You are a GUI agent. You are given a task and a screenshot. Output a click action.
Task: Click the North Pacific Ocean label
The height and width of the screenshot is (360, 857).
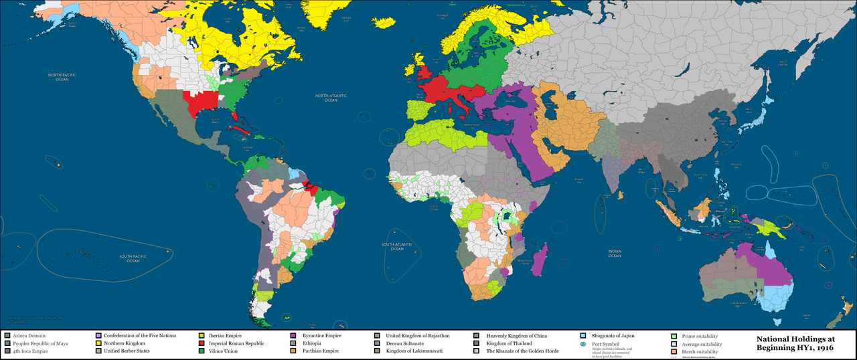click(x=62, y=77)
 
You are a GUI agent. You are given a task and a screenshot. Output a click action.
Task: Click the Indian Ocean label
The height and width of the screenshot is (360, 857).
click(x=615, y=254)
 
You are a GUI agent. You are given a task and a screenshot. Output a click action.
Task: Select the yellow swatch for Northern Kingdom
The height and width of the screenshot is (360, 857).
click(x=98, y=343)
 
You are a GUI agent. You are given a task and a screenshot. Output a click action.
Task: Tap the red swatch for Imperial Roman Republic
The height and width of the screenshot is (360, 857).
click(x=202, y=343)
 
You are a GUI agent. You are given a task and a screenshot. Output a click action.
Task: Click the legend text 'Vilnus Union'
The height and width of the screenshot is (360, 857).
click(x=226, y=351)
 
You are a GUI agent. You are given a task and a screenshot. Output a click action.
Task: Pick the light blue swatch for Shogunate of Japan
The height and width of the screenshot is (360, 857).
click(x=584, y=335)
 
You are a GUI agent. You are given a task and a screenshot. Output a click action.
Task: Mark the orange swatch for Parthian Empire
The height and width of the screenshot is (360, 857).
click(x=293, y=351)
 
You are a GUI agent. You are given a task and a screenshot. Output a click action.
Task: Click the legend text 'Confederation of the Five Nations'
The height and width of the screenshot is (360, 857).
click(x=140, y=335)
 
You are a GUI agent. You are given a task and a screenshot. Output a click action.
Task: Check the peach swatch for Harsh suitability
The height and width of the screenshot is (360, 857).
click(x=674, y=351)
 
